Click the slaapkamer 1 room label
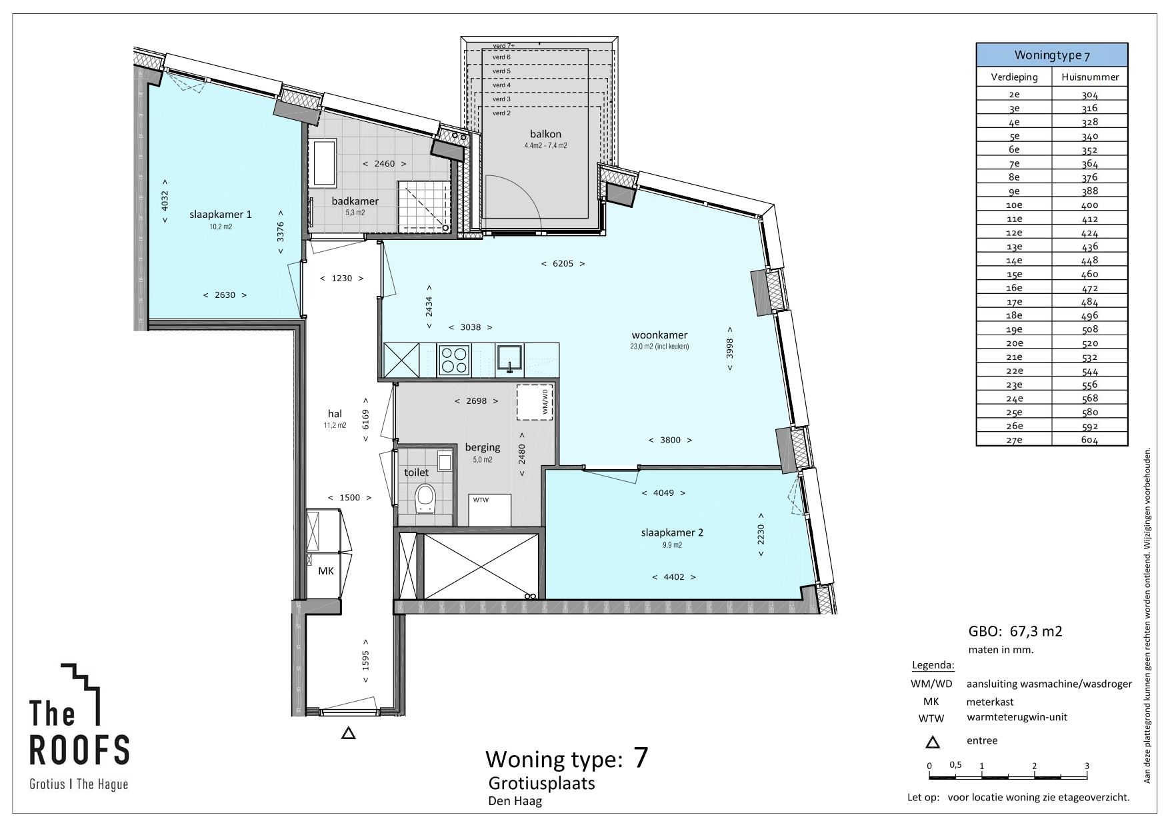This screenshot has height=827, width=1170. pyautogui.click(x=211, y=215)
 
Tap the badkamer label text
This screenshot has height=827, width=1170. pyautogui.click(x=355, y=201)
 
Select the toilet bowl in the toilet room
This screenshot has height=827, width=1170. pyautogui.click(x=425, y=498)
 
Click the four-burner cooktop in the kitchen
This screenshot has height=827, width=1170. pyautogui.click(x=453, y=360)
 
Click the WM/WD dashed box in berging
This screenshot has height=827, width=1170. pyautogui.click(x=536, y=401)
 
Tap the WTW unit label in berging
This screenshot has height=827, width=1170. pyautogui.click(x=481, y=499)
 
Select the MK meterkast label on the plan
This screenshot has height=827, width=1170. pyautogui.click(x=325, y=571)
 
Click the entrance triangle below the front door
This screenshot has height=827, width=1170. pyautogui.click(x=348, y=734)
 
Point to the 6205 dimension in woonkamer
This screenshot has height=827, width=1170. pyautogui.click(x=563, y=263)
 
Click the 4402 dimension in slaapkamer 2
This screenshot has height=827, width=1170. pyautogui.click(x=674, y=577)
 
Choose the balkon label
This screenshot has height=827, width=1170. pyautogui.click(x=545, y=134)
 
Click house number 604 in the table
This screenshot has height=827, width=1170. pyautogui.click(x=1090, y=440)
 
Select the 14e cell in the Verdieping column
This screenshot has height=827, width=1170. pyautogui.click(x=1014, y=261)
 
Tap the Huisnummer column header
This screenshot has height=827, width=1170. pyautogui.click(x=1090, y=77)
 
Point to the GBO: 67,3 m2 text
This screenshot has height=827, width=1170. pyautogui.click(x=1015, y=631)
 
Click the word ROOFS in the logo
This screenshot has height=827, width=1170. pyautogui.click(x=80, y=750)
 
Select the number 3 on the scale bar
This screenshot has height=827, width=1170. pyautogui.click(x=1087, y=766)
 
